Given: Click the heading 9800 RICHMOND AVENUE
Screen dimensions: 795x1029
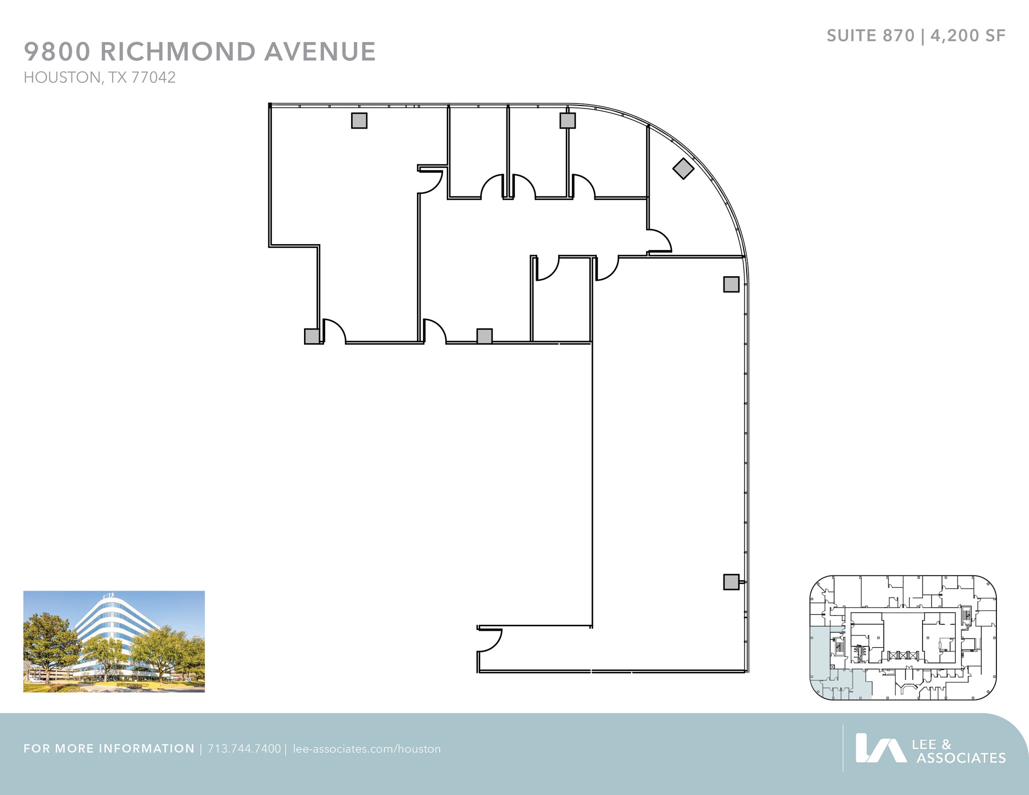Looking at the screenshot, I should [x=199, y=52].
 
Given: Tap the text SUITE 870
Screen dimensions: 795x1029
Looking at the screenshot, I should [x=870, y=36].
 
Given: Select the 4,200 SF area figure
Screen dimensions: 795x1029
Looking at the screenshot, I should [x=968, y=36].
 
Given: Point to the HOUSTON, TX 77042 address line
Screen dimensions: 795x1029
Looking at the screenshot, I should [x=99, y=77].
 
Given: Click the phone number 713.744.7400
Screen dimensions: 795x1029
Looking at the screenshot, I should [x=244, y=749].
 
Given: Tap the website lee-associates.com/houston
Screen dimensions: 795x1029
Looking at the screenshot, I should [x=367, y=749].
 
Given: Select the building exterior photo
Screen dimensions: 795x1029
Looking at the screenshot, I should [x=114, y=641].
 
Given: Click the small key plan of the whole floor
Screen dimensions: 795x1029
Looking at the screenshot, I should [x=903, y=637].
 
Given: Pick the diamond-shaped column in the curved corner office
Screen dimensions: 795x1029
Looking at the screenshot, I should [x=683, y=168].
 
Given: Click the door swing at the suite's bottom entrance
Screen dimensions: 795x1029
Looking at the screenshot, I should [x=489, y=640].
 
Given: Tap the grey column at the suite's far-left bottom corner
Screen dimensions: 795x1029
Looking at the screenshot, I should [x=312, y=336].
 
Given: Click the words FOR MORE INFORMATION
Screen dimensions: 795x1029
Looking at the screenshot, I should [x=109, y=749].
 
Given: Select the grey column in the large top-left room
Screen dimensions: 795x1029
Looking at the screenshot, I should [x=359, y=121].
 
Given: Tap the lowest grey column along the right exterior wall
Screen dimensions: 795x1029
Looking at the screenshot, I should [x=731, y=582].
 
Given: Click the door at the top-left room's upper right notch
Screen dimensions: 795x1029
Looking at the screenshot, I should [x=431, y=182].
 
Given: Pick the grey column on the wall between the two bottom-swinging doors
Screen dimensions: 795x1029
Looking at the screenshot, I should [x=484, y=336].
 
